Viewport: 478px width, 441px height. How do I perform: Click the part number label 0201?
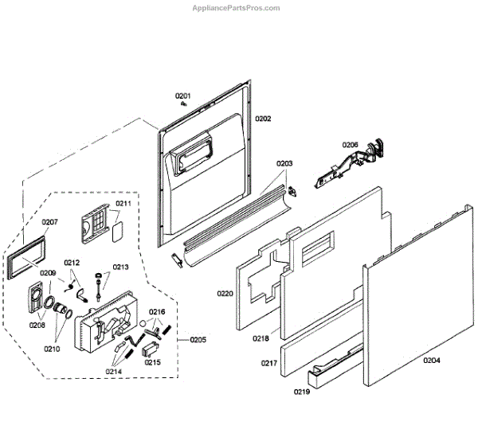tap(183, 96)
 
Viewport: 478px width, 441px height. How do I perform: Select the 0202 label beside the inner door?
tap(263, 119)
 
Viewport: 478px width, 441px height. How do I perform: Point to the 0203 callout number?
tap(284, 163)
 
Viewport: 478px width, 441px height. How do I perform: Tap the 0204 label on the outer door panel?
tap(431, 361)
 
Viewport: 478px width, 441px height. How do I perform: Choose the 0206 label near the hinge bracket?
tap(351, 145)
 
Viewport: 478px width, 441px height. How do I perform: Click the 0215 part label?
tap(152, 363)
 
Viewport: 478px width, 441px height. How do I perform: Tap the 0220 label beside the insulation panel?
tap(225, 294)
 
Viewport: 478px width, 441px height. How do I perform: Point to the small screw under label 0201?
tap(182, 103)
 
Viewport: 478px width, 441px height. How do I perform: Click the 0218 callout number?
tap(261, 338)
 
